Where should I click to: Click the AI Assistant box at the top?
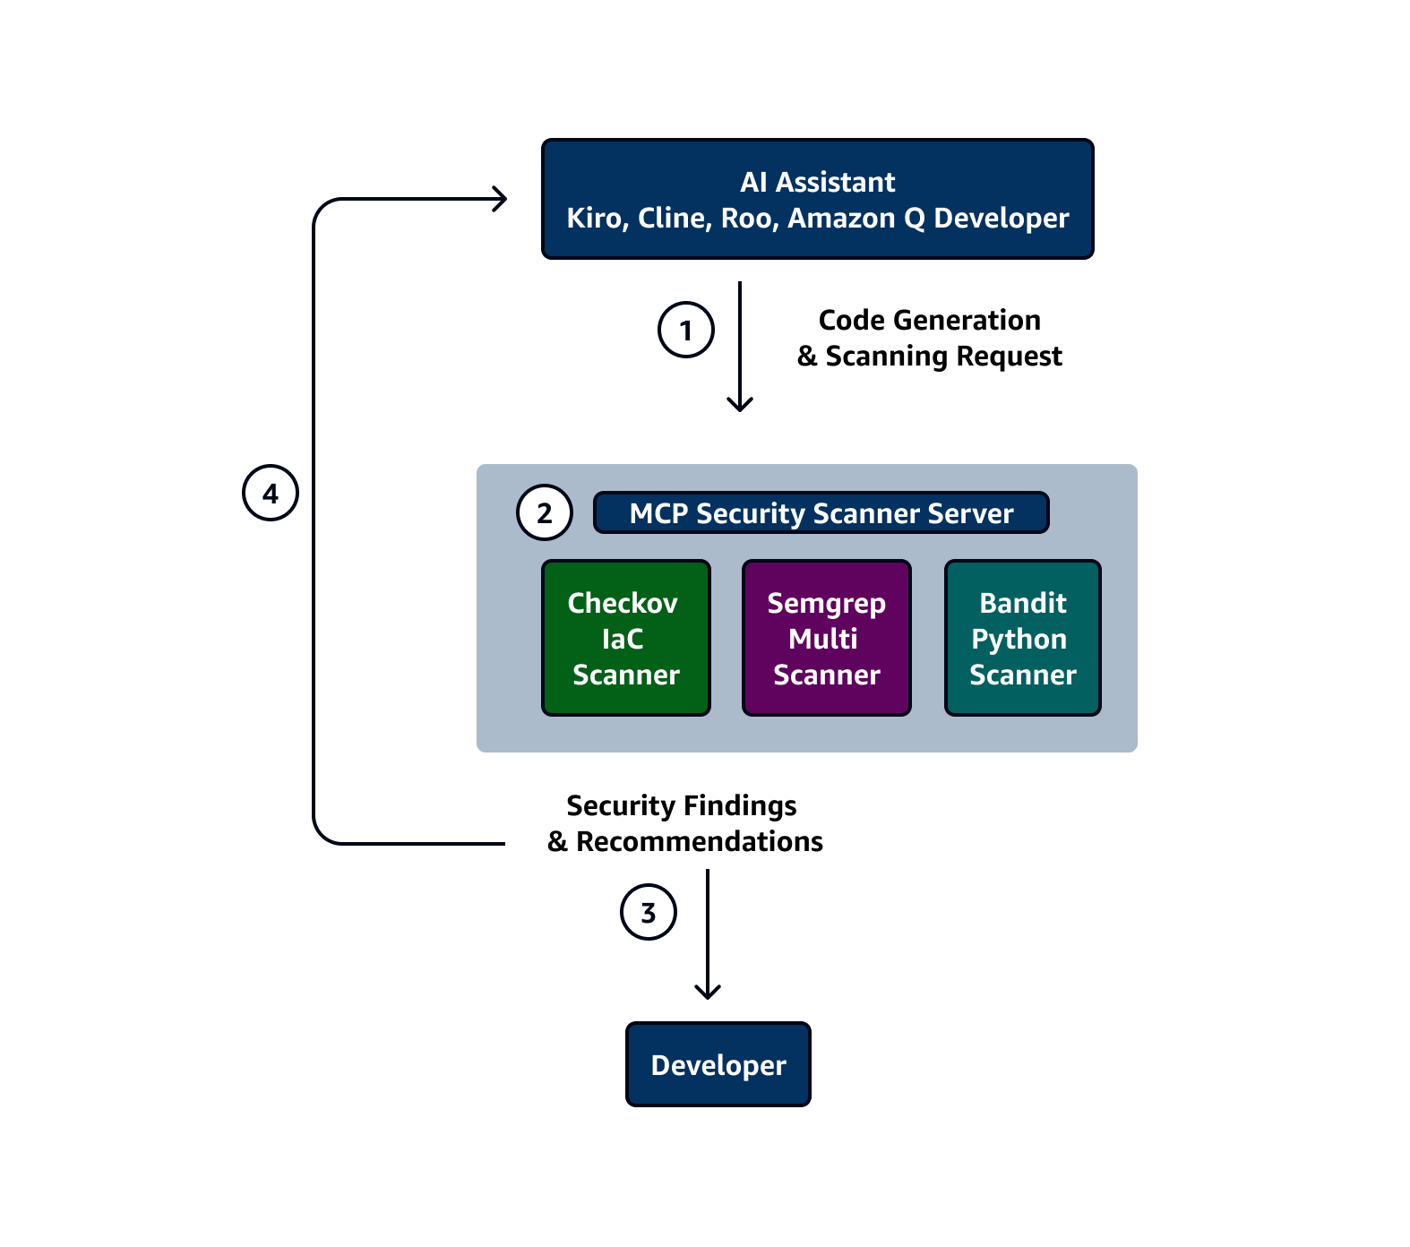(817, 199)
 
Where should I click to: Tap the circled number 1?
(686, 331)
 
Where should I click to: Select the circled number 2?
(545, 512)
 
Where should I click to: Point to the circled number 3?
(649, 912)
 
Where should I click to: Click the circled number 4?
(271, 493)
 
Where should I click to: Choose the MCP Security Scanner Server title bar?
(821, 513)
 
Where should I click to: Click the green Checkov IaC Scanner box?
(625, 638)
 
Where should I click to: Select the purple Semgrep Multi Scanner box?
(826, 638)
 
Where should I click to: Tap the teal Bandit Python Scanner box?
(1022, 638)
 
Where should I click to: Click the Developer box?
(718, 1064)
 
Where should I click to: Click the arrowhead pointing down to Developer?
(708, 992)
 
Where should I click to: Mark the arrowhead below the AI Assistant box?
(740, 405)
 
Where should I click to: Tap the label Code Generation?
(929, 320)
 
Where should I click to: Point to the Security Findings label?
(681, 805)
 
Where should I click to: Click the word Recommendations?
(699, 842)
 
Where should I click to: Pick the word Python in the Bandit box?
(1019, 640)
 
